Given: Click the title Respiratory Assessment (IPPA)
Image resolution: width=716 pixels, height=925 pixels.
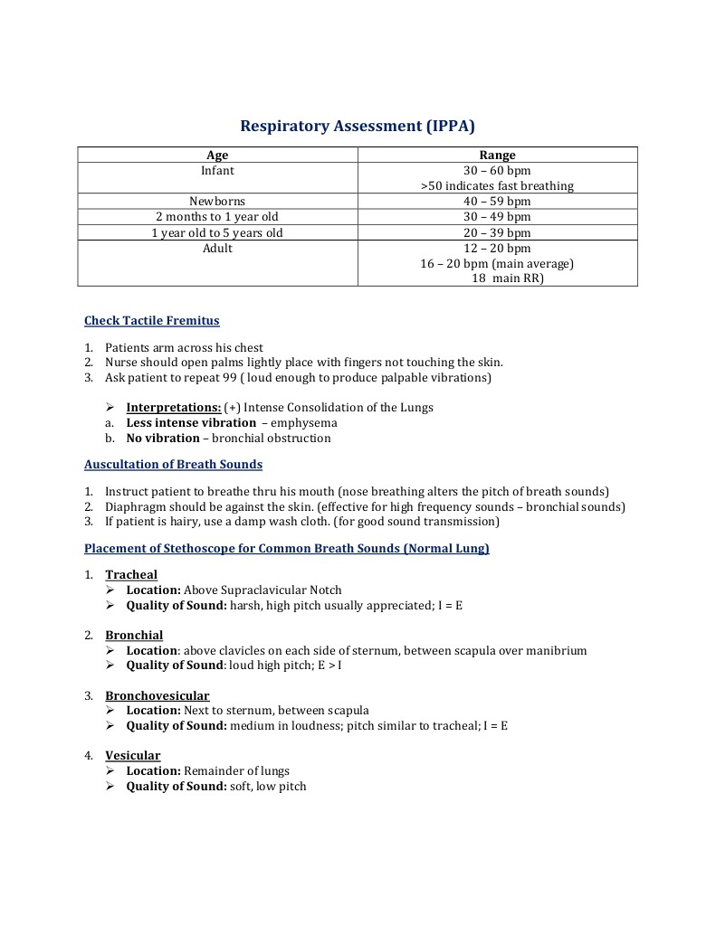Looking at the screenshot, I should (x=358, y=126).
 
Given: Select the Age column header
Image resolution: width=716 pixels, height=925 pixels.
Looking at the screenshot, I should (x=217, y=156).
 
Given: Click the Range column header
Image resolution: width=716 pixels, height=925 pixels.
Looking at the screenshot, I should (x=497, y=156).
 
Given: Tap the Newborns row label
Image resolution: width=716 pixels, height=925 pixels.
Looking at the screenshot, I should (x=217, y=202).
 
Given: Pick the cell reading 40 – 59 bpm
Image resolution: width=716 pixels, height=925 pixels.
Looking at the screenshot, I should (x=497, y=202).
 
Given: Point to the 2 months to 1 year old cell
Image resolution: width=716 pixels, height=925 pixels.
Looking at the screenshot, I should (x=217, y=217).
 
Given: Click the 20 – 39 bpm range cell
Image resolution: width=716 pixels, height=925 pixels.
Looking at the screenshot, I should (x=497, y=232).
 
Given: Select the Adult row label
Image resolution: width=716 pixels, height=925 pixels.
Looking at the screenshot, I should (x=217, y=249).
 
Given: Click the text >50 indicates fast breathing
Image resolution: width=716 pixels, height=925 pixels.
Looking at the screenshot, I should (x=497, y=186).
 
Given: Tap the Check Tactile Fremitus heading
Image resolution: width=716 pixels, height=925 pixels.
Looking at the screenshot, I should (x=151, y=321).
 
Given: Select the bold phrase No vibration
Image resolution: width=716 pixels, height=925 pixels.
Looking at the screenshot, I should (x=163, y=439).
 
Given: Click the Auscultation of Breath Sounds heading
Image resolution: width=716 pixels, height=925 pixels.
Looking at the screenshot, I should (x=173, y=465).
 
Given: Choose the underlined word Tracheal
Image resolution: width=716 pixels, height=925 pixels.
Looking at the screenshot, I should (x=131, y=575).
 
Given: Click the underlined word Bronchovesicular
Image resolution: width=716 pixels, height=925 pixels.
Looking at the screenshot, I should (x=157, y=696).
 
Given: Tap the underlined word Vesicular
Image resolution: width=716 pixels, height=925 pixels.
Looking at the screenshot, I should (x=132, y=756).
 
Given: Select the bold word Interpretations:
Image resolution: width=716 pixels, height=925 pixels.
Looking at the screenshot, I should (x=173, y=408).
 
